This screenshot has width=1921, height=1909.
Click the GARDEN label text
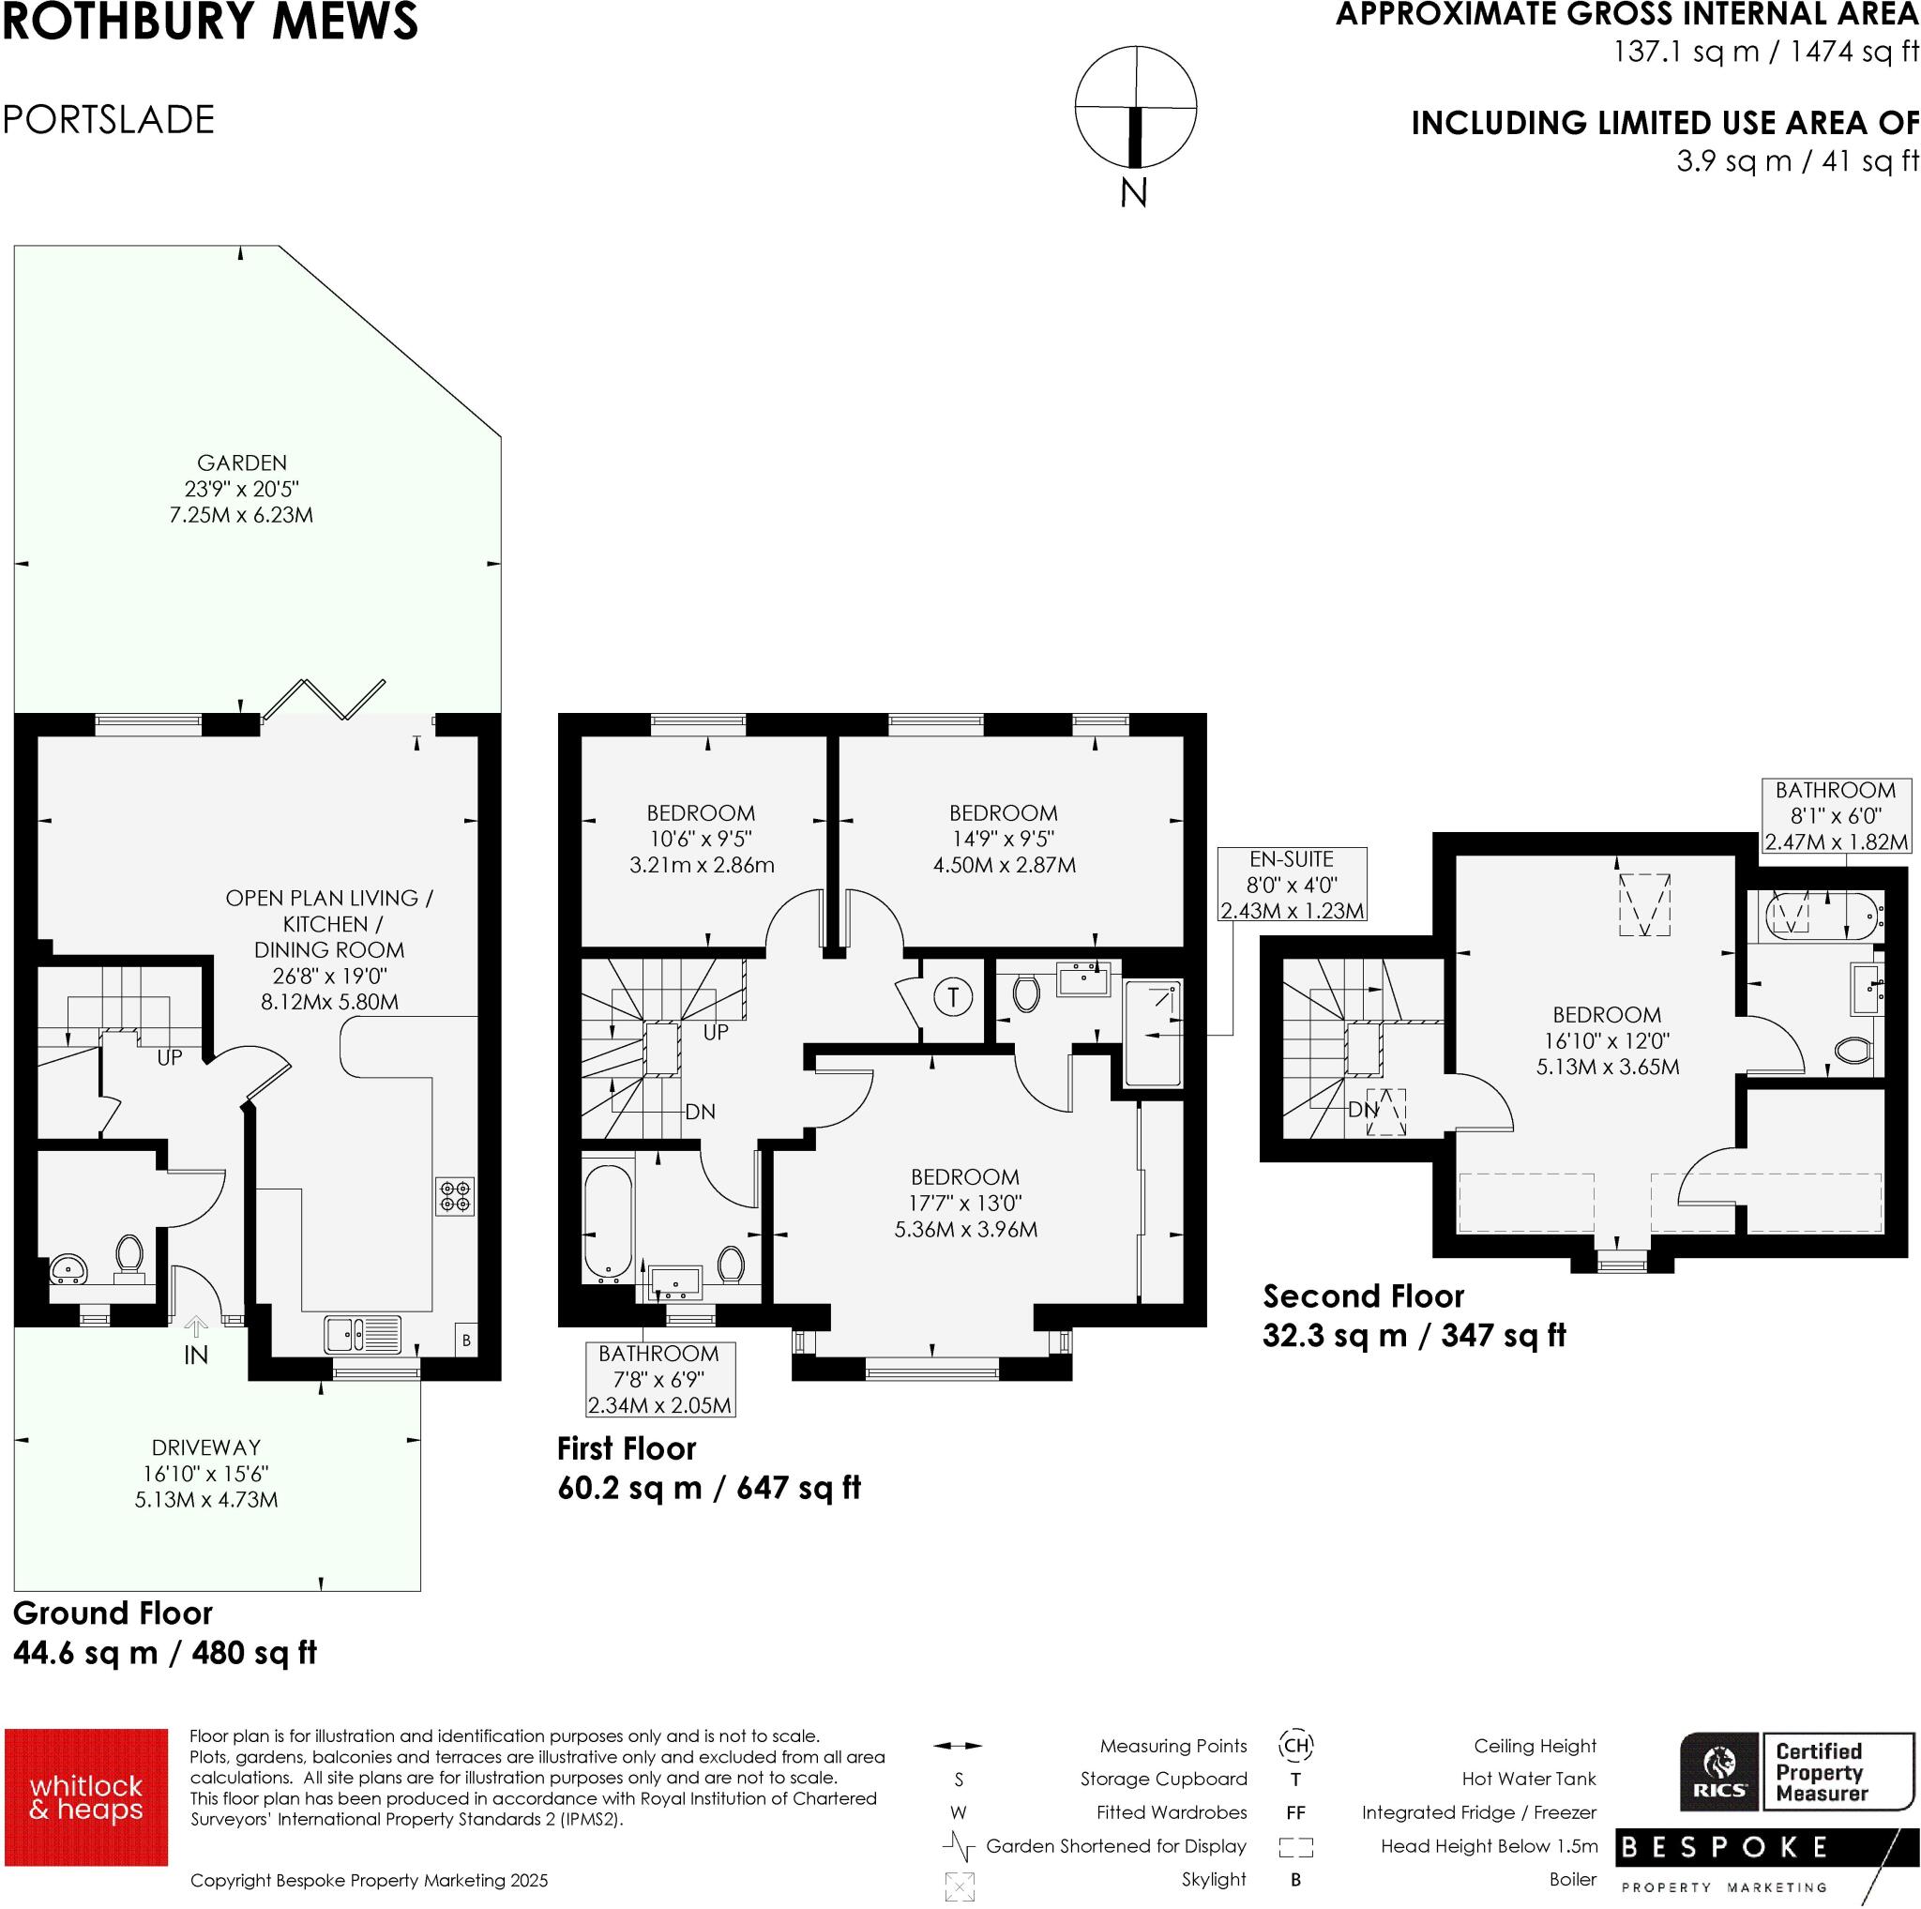click(242, 463)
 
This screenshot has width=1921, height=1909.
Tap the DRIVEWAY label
click(205, 1447)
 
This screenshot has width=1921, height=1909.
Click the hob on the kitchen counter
click(455, 1196)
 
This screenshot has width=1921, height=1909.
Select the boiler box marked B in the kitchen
click(465, 1341)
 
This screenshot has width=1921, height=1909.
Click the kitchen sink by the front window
click(363, 1334)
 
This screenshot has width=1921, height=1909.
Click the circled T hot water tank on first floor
click(954, 996)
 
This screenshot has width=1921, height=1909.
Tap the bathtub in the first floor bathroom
click(608, 1222)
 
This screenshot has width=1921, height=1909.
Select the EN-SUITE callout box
click(1292, 885)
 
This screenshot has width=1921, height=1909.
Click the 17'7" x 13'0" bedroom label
click(965, 1203)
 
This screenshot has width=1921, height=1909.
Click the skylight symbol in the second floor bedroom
click(1644, 903)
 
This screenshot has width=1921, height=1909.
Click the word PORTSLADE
click(110, 120)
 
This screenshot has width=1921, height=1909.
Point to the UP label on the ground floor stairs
click(170, 1058)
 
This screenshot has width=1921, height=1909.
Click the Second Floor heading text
click(1363, 1296)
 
